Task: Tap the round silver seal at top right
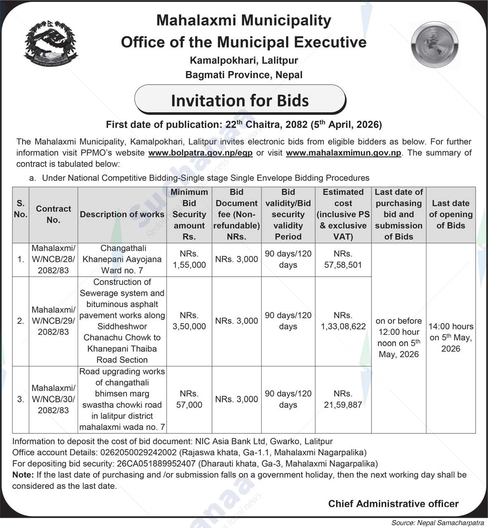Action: (x=435, y=45)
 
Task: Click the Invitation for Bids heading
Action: (x=240, y=100)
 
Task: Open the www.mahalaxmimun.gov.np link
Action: (x=343, y=153)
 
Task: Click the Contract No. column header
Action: (x=53, y=214)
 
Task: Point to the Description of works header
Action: (x=122, y=214)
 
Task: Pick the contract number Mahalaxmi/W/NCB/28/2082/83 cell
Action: (x=53, y=259)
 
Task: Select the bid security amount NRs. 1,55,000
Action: (x=189, y=259)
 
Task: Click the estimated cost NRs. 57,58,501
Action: (x=343, y=259)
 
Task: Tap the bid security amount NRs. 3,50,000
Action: (x=189, y=321)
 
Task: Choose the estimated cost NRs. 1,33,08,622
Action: (x=343, y=321)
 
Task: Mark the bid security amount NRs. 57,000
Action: (x=189, y=400)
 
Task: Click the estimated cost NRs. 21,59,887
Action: (x=343, y=400)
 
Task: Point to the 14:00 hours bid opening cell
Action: (x=450, y=338)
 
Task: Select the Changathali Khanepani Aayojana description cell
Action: (x=122, y=259)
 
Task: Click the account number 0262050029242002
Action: (x=138, y=452)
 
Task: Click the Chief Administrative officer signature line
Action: (x=393, y=504)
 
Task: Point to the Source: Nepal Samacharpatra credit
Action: (x=438, y=523)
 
